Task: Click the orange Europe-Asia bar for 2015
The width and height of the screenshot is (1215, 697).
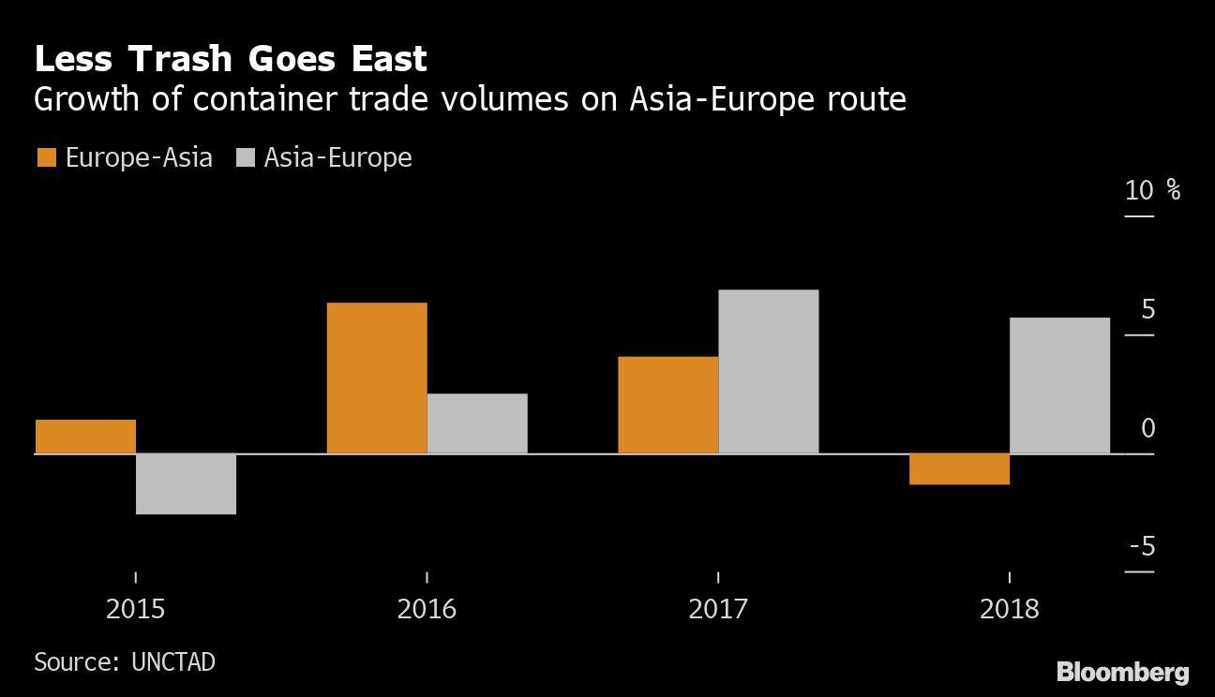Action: tap(85, 437)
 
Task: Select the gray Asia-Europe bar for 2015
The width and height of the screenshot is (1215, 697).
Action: tap(186, 483)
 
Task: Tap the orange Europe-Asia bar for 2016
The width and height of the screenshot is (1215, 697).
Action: tap(377, 378)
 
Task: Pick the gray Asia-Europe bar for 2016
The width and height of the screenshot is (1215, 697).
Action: tap(477, 423)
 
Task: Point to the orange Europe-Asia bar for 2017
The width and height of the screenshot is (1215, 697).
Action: tap(667, 405)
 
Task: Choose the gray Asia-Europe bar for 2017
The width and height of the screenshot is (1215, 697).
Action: tap(769, 372)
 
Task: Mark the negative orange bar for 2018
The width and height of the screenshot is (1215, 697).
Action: tap(959, 468)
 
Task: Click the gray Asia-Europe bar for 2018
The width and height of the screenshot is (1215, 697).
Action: tap(1059, 385)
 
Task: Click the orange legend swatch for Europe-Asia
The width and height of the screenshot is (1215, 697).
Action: tap(46, 157)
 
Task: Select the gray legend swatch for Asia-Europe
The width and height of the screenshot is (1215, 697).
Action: tap(246, 157)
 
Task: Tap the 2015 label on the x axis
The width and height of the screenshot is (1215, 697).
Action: tap(135, 610)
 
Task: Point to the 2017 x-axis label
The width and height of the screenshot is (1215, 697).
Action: tap(718, 610)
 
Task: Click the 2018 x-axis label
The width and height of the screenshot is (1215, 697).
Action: tap(1010, 610)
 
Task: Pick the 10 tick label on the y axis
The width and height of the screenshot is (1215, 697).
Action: tap(1140, 191)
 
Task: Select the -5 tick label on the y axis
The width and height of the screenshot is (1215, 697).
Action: tap(1142, 547)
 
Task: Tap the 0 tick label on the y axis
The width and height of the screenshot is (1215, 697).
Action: tap(1148, 429)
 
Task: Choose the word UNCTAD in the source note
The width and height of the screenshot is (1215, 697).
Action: tap(173, 662)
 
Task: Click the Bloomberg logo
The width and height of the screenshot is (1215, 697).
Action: tap(1122, 672)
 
